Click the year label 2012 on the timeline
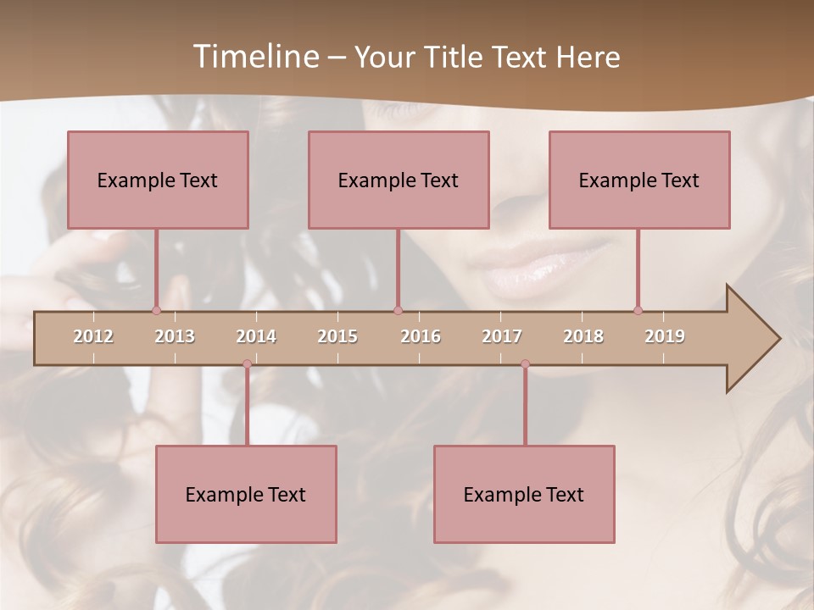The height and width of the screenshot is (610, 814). pos(93,336)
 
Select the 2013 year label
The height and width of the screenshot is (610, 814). pos(175,336)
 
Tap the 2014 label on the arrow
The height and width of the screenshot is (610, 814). pos(256,336)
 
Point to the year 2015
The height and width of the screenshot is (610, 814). pos(337,336)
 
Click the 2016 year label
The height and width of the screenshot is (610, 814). pos(421,336)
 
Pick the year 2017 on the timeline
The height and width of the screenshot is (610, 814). pos(502,336)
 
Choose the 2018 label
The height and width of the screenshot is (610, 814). pos(583,336)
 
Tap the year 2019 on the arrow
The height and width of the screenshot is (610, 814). pos(665,336)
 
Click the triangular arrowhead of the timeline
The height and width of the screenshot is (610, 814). pos(751,339)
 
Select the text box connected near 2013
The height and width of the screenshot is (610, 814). pos(158,180)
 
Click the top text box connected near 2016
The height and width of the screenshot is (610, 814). pos(399,180)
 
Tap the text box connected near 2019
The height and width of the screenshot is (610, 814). pos(639,180)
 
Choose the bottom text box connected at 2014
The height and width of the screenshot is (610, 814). pos(246,494)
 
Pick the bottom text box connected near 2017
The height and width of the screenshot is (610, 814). pos(524,494)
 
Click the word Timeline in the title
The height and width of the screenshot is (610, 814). pos(254,57)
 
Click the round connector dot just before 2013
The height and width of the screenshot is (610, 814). pos(156,310)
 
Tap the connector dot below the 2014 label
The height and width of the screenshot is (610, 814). pos(247,363)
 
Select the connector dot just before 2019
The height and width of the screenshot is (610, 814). pos(638,310)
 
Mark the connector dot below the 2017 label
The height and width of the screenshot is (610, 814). pos(525,363)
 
